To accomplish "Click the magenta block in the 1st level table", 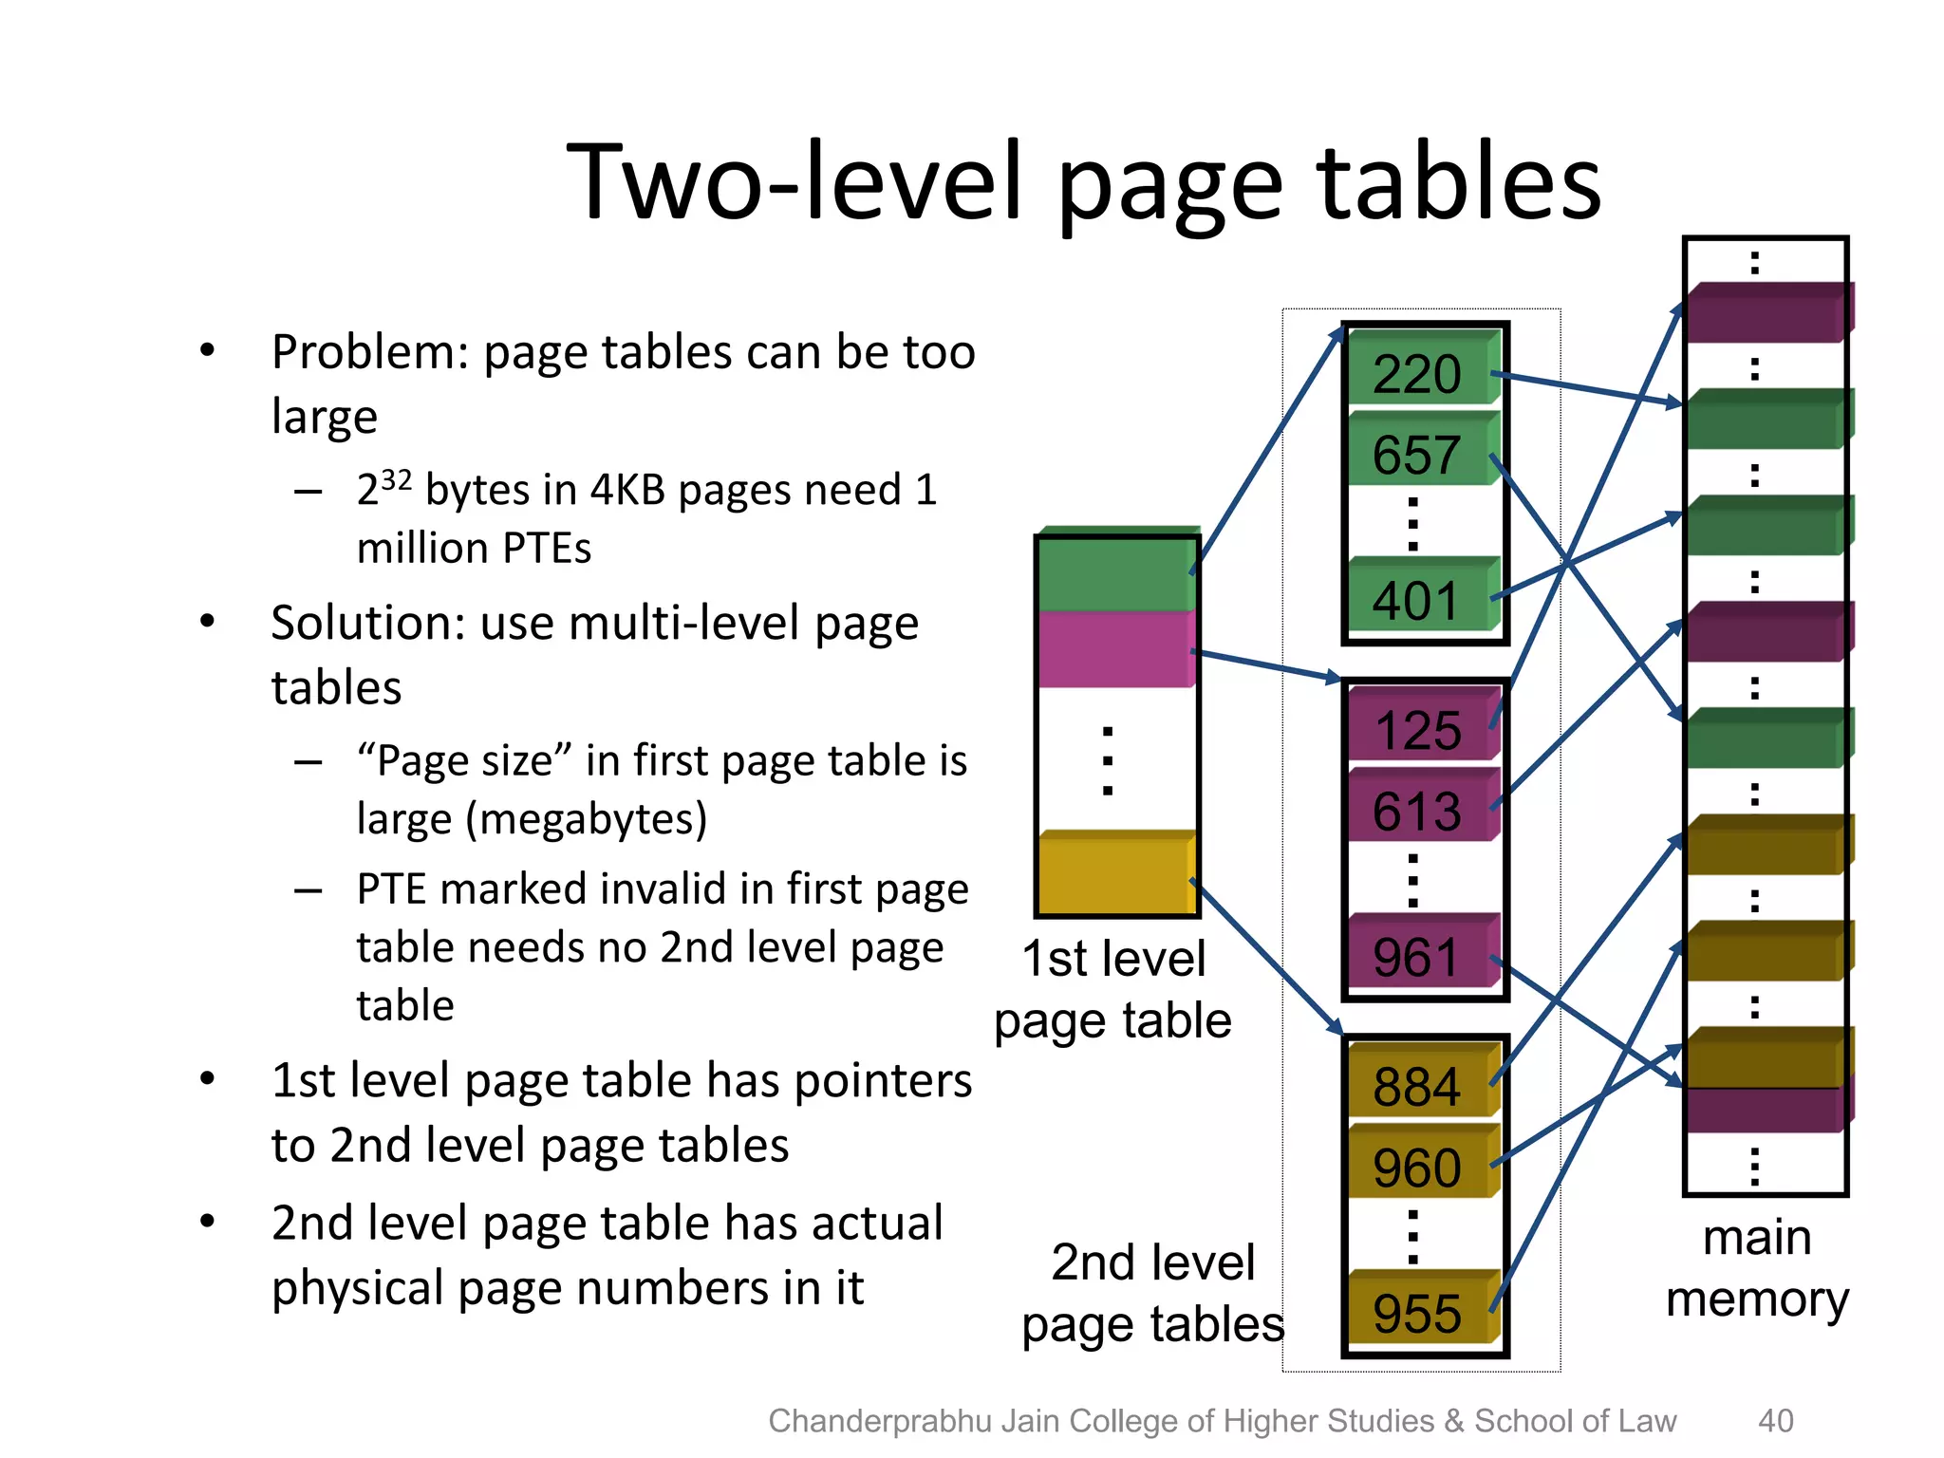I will click(x=1115, y=649).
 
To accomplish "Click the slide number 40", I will click(x=1775, y=1421).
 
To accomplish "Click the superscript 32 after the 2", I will click(x=396, y=479).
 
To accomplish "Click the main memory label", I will click(x=1757, y=1268).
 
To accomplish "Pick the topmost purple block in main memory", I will click(x=1766, y=313).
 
